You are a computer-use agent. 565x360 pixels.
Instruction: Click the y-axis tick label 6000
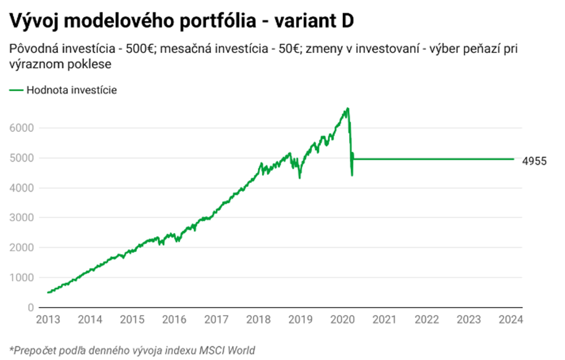point(20,128)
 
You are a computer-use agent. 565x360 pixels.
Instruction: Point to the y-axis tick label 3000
point(20,218)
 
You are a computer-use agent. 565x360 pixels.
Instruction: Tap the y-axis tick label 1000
point(20,277)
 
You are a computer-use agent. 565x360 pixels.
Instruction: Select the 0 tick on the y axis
point(30,307)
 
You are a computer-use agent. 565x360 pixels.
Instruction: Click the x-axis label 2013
point(48,319)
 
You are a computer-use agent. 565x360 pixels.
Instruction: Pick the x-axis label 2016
point(174,319)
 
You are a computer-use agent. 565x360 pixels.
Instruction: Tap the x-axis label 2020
point(342,319)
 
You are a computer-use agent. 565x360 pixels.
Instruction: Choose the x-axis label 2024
point(511,319)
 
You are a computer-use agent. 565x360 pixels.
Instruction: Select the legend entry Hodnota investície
point(72,90)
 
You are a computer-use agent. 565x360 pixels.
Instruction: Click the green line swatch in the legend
point(15,90)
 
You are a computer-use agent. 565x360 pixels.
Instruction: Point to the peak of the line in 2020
point(348,109)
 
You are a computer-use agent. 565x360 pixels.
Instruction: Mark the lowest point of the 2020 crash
point(352,176)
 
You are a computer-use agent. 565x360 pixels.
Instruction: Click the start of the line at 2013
point(48,292)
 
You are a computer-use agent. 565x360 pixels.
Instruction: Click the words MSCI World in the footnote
point(225,350)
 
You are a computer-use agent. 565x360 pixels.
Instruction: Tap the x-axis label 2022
point(426,319)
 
